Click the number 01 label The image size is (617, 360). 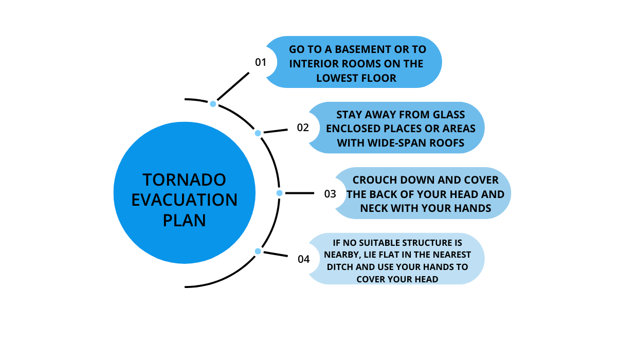(x=261, y=62)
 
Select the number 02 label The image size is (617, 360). (x=303, y=128)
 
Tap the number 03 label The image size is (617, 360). (x=330, y=194)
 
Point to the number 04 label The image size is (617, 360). (x=304, y=259)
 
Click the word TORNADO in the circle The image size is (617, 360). (x=185, y=179)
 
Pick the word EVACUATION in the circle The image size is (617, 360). (x=185, y=200)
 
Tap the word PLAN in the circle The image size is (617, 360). (x=185, y=220)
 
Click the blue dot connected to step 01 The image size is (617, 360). (x=213, y=104)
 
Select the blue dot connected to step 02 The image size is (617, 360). (x=258, y=133)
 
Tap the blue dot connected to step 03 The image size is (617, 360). (x=280, y=193)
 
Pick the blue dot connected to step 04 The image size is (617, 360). (x=258, y=251)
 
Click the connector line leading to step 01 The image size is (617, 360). (x=232, y=86)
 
